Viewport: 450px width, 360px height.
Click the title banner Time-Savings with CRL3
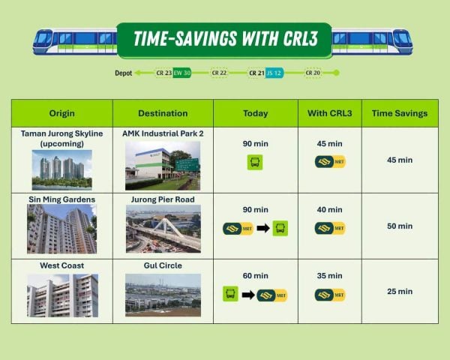(224, 40)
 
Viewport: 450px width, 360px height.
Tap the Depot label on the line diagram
(124, 73)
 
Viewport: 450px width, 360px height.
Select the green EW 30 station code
(182, 73)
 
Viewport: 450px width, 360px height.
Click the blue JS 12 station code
(274, 73)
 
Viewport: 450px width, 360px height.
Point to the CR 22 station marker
(219, 73)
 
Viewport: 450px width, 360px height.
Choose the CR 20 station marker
(313, 73)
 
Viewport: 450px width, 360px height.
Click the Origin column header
(62, 113)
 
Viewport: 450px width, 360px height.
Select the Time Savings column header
(400, 113)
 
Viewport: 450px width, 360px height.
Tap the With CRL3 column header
(330, 113)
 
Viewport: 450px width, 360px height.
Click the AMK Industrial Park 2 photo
(163, 166)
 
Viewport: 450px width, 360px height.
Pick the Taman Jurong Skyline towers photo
(62, 170)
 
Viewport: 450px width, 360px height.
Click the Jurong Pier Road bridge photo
(163, 229)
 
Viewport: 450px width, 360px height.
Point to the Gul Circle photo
(163, 295)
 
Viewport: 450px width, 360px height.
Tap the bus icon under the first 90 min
(255, 162)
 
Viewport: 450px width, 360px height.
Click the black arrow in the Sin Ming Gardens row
(263, 229)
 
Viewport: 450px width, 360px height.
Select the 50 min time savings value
(400, 226)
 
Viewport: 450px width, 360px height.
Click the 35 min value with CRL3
(330, 276)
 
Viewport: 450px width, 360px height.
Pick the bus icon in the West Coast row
(230, 294)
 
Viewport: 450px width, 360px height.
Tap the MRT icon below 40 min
(330, 229)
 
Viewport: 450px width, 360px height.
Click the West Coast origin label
(62, 265)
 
